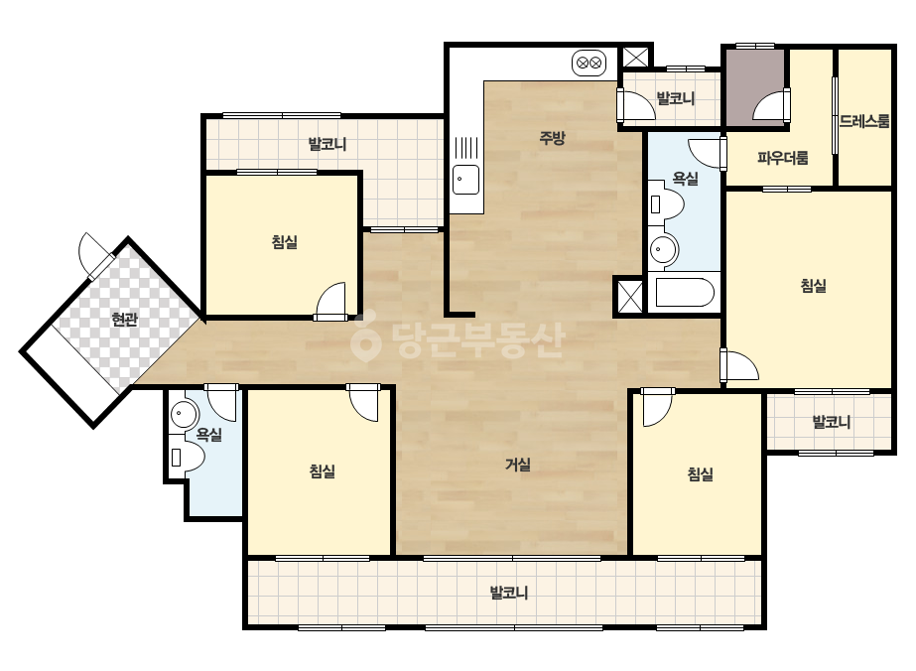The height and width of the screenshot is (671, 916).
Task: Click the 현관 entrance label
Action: (125, 320)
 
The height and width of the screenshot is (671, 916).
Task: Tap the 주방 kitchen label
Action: (552, 138)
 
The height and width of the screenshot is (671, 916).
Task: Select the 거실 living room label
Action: (518, 465)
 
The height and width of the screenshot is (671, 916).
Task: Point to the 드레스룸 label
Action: (864, 121)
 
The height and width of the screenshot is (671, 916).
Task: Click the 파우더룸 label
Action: (783, 157)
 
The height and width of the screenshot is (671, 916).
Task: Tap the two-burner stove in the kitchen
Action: (589, 63)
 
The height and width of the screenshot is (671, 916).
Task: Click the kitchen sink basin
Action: (466, 179)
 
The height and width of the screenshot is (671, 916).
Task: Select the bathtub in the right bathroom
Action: (685, 293)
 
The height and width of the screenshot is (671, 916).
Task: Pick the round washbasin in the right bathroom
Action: (663, 249)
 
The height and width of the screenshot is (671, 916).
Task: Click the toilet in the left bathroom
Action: (187, 456)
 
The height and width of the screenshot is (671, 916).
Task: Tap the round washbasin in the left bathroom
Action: (185, 414)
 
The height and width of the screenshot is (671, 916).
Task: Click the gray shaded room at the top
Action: (755, 86)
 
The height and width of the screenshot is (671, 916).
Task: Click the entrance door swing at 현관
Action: (93, 254)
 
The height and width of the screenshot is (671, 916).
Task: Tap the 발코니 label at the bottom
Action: (509, 594)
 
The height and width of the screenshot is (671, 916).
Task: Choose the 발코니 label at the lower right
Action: (832, 422)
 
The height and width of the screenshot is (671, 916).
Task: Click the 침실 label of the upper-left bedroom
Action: (285, 241)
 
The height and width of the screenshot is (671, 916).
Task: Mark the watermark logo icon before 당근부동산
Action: (365, 337)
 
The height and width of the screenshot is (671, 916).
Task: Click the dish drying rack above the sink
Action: (466, 148)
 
